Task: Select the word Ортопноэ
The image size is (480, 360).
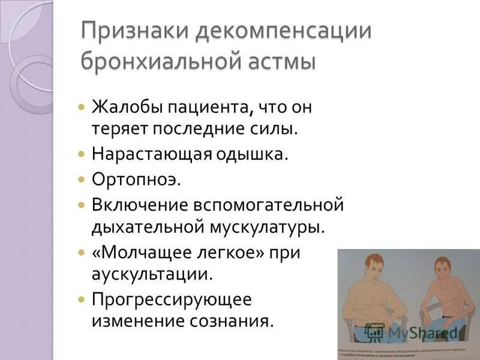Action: click(136, 179)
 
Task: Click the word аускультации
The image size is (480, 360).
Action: click(152, 275)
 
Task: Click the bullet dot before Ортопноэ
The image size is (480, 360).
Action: click(82, 179)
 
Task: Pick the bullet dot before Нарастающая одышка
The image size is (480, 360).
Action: click(82, 154)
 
